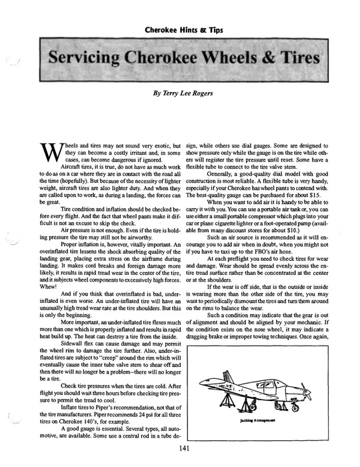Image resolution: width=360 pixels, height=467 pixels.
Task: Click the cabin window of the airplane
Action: pyautogui.click(x=262, y=382)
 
